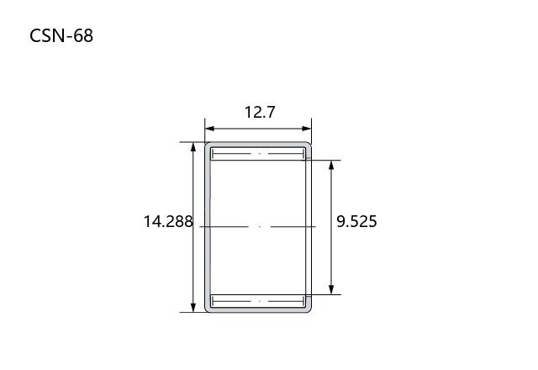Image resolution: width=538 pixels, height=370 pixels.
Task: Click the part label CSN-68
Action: point(61,35)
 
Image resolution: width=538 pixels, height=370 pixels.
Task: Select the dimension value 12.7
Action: point(260,112)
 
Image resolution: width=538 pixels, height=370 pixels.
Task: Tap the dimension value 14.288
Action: point(168,221)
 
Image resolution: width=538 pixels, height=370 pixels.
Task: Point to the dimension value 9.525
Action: point(356,221)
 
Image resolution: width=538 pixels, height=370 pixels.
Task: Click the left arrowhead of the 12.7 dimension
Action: point(209,129)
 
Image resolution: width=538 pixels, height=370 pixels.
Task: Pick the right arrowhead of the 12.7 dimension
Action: point(307,129)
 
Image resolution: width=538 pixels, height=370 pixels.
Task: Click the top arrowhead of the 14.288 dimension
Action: point(193,147)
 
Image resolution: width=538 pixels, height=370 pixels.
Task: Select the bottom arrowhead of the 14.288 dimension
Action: point(193,308)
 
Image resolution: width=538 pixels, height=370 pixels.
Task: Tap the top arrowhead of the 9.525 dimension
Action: point(331,165)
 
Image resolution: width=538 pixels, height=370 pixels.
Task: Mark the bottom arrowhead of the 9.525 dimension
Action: point(331,289)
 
